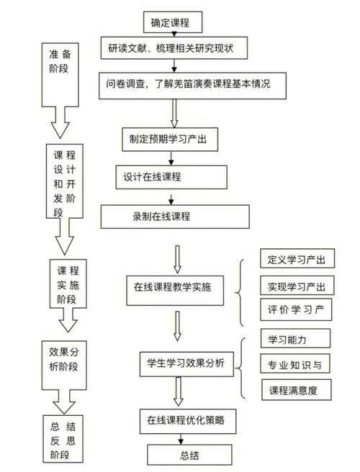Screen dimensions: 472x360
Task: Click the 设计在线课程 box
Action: [171, 176]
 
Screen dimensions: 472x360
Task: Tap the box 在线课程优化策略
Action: [186, 419]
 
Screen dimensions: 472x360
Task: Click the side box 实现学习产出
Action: [296, 286]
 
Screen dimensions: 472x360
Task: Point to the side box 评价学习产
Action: [296, 309]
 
